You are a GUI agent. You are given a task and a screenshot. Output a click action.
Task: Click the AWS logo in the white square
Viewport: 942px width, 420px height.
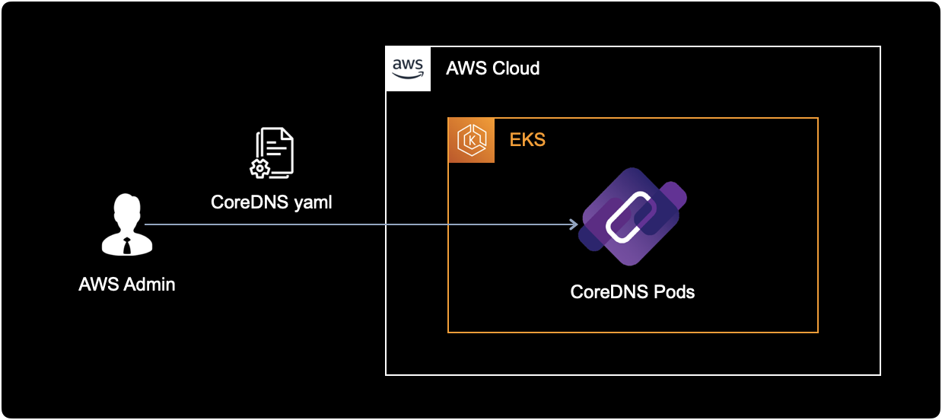(x=408, y=68)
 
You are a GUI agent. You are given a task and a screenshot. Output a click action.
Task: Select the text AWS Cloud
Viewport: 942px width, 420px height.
(x=492, y=68)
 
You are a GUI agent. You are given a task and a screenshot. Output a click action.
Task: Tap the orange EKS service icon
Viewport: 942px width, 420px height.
(x=471, y=141)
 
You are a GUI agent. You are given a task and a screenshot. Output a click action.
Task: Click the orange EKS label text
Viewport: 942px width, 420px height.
(x=527, y=141)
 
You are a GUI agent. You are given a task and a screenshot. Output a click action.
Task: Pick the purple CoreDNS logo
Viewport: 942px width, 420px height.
(x=632, y=216)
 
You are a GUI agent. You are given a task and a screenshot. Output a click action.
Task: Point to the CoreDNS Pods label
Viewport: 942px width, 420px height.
(x=632, y=291)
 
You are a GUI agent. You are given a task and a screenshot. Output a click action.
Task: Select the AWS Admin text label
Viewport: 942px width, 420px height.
(x=126, y=285)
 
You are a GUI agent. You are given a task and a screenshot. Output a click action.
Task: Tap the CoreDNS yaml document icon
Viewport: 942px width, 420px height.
(x=273, y=154)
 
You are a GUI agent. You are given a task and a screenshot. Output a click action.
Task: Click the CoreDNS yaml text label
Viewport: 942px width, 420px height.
(x=272, y=203)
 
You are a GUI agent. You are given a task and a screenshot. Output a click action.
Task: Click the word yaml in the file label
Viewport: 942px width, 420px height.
(x=314, y=203)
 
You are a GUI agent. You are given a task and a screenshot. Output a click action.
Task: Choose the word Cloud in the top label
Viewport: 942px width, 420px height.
(x=516, y=68)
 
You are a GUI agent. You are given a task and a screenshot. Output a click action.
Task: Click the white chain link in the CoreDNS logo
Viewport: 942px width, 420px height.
(x=630, y=218)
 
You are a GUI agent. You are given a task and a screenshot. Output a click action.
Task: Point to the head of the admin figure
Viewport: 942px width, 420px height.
(x=126, y=208)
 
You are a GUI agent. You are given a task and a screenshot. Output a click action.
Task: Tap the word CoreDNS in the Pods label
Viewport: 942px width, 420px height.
(x=606, y=291)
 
